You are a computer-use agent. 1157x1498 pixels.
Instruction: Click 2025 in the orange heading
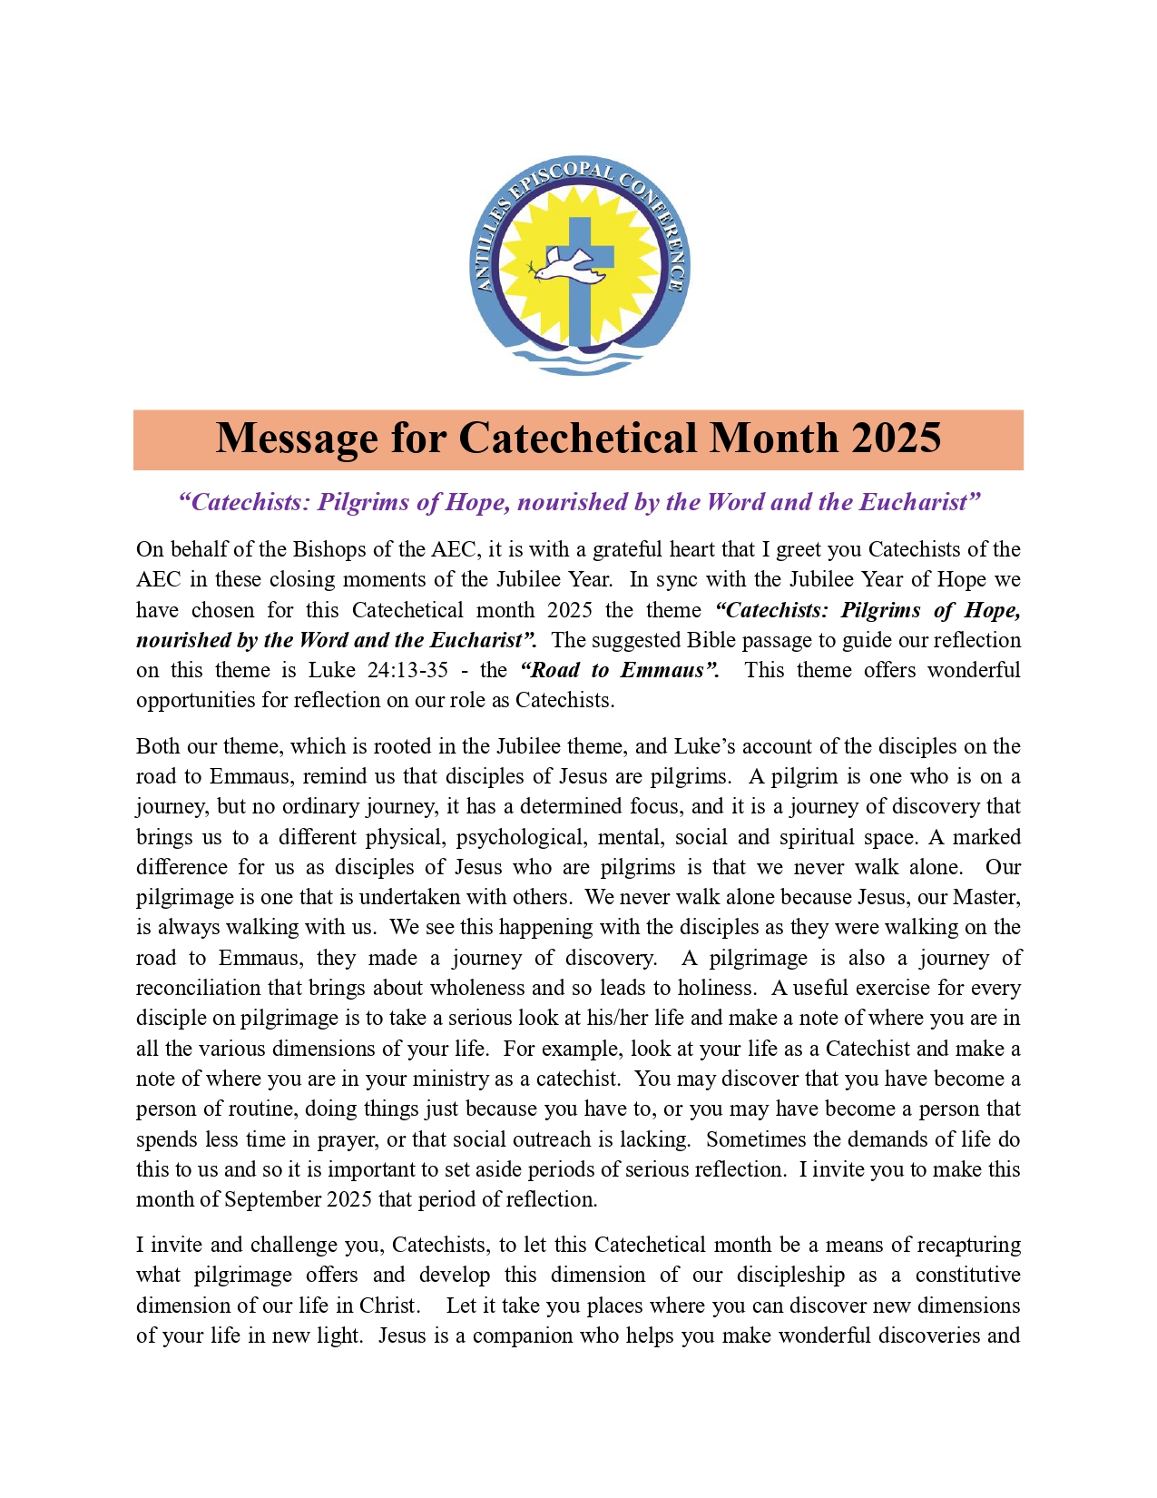(x=896, y=439)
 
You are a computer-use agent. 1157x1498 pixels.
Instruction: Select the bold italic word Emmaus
(x=662, y=671)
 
